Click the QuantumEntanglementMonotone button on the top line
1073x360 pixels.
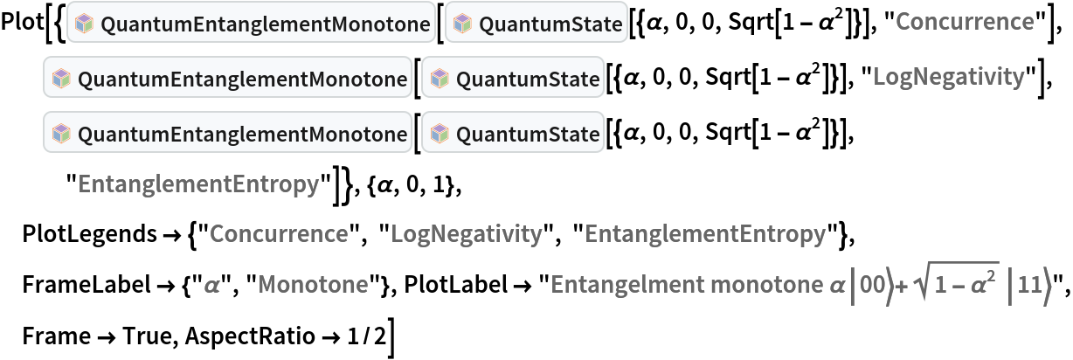[251, 25]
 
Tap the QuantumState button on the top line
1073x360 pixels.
[536, 25]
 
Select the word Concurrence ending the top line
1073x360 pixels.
[965, 22]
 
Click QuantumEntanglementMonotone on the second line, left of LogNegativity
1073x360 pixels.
[228, 80]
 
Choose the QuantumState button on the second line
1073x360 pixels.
[513, 80]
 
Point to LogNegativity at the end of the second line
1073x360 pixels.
[948, 77]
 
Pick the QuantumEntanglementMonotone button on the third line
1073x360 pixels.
[228, 135]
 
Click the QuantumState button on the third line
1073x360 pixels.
[513, 135]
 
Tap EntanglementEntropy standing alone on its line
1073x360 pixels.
[198, 184]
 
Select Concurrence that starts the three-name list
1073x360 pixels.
[279, 234]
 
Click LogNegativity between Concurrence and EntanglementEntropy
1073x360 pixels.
[466, 234]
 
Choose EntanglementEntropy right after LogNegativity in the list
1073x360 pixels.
[704, 234]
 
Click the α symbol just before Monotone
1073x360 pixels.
[211, 284]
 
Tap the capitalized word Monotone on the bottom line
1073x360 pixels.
[313, 284]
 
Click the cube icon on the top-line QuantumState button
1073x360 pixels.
[462, 25]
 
